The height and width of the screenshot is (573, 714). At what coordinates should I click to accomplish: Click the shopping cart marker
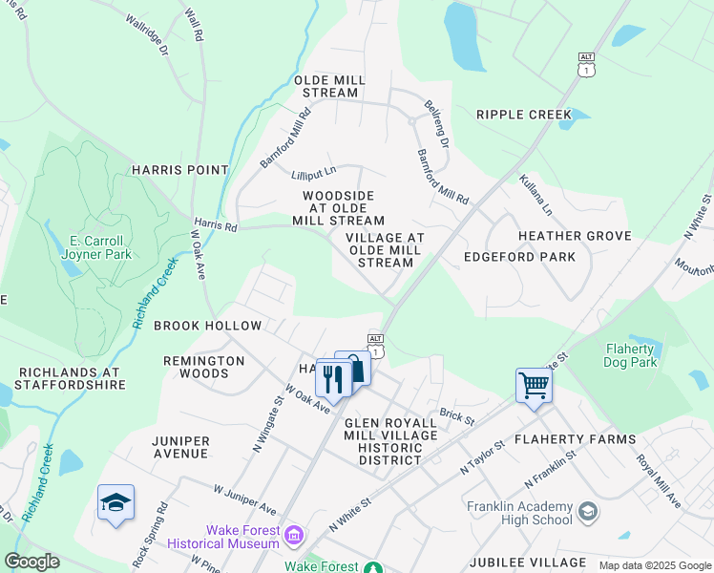click(534, 387)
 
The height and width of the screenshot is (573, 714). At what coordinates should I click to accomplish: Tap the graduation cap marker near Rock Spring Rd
click(115, 503)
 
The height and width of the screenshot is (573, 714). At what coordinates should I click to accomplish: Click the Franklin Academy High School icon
click(588, 512)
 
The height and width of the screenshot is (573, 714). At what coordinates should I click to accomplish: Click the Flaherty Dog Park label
click(630, 355)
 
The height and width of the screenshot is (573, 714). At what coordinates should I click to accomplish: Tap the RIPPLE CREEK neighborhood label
click(524, 115)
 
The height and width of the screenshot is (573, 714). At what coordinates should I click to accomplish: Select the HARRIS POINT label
click(180, 170)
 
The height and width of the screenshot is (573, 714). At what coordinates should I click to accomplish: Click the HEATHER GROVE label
click(575, 236)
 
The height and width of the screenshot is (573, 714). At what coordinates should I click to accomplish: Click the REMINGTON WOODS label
click(203, 368)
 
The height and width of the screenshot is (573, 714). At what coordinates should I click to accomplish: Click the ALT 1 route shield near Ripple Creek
click(586, 64)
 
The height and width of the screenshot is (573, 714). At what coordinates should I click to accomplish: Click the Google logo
click(31, 562)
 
